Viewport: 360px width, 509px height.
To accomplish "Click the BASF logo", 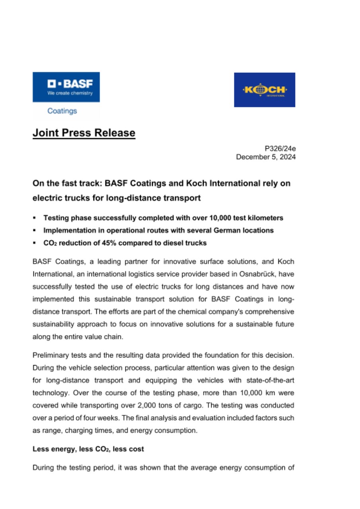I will (66, 87).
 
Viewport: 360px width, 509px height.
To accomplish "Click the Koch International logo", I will (265, 90).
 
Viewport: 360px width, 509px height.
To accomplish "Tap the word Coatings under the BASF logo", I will (62, 111).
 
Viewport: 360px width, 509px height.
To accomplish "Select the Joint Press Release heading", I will (84, 133).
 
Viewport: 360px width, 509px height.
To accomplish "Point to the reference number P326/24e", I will (280, 149).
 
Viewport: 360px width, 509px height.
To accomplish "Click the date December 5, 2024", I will (266, 157).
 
